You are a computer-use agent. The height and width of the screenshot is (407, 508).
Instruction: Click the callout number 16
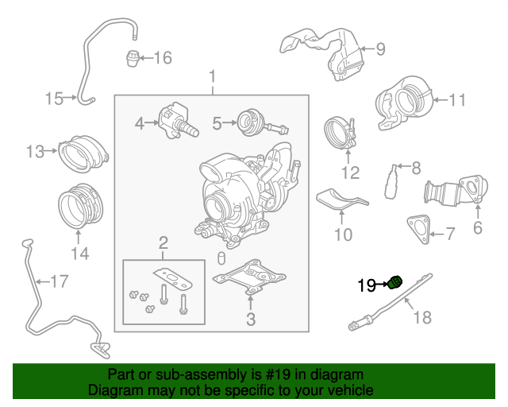click(162, 57)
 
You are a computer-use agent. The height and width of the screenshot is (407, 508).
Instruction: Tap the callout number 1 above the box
click(213, 77)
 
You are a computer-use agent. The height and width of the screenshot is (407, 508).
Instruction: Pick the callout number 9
click(380, 49)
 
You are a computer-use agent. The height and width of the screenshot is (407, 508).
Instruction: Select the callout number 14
click(79, 254)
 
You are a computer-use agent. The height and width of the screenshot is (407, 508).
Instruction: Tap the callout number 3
click(250, 320)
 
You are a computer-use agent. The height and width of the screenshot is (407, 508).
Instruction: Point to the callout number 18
click(422, 317)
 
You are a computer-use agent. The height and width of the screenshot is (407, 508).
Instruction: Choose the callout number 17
click(60, 281)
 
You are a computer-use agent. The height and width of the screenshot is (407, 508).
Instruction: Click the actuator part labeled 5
click(252, 122)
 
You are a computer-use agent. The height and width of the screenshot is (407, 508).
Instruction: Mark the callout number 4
click(140, 123)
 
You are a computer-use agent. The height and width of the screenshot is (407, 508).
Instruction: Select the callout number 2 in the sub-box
click(163, 242)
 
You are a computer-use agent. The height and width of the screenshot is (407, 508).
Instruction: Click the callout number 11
click(457, 100)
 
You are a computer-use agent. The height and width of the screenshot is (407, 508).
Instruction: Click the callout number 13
click(36, 151)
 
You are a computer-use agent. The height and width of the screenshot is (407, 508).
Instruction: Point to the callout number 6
click(478, 228)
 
